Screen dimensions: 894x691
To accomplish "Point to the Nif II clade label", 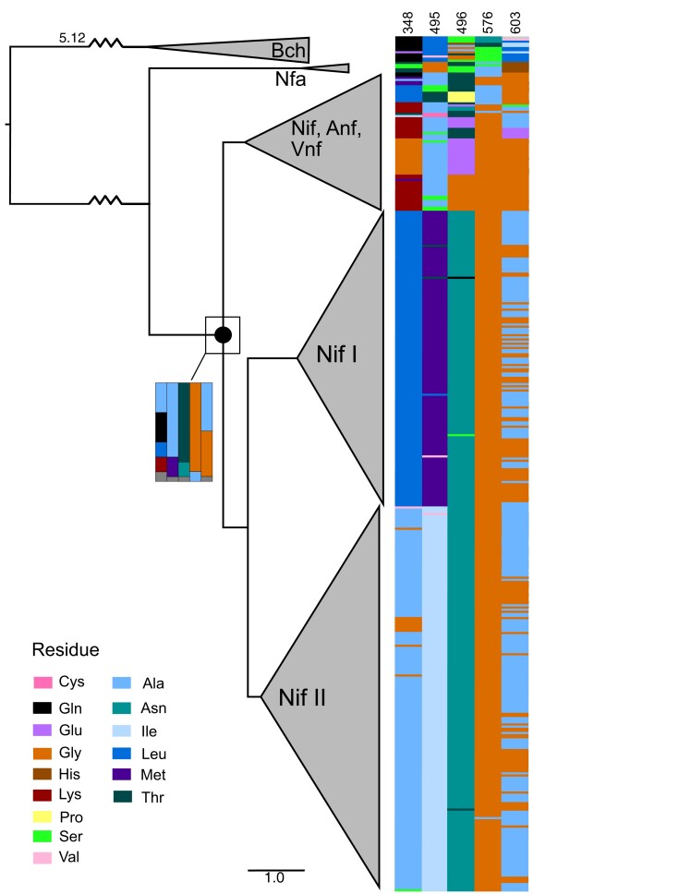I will [305, 698].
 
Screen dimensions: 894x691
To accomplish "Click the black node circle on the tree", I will [223, 334].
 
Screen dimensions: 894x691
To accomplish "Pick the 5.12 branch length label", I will [71, 38].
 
